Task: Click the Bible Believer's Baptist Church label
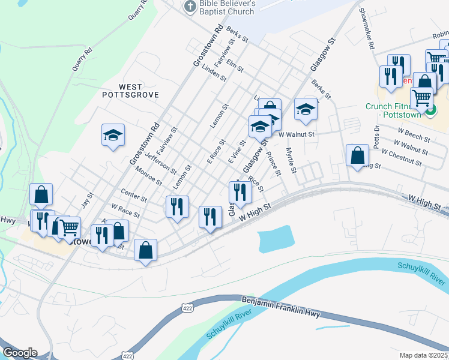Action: point(228,7)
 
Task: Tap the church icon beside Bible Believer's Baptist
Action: point(190,7)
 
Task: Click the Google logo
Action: point(20,353)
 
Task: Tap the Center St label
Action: point(134,196)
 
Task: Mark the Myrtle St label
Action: point(291,160)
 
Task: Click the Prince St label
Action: point(274,163)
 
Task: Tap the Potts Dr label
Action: point(377,136)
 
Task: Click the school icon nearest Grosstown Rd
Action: point(113,136)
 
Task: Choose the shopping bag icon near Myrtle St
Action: point(357,155)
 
